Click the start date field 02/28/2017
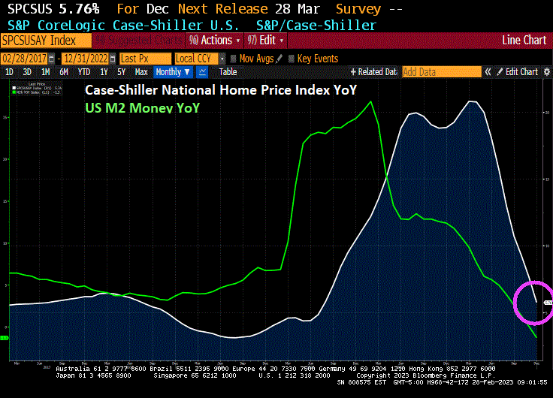(x=28, y=59)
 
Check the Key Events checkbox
(x=292, y=59)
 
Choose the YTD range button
(x=84, y=72)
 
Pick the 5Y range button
(x=121, y=72)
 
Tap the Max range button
(x=141, y=72)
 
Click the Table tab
(x=228, y=72)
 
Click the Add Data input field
(x=441, y=72)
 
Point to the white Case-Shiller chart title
(x=220, y=90)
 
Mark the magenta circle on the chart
(x=534, y=303)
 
